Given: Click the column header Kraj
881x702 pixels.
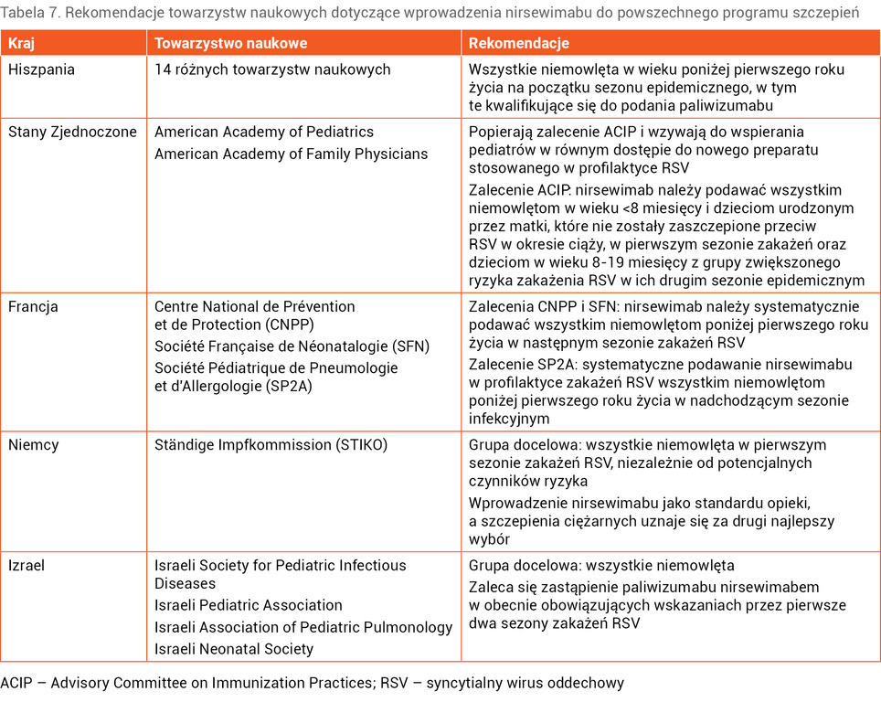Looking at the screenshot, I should tap(22, 43).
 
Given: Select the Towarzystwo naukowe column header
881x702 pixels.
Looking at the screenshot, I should tap(230, 43).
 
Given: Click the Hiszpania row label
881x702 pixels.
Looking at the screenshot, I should tap(41, 69).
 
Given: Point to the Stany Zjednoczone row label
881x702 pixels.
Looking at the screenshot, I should tap(72, 132).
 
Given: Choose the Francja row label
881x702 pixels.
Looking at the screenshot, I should tap(33, 307).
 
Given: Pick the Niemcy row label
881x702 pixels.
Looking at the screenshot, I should tap(33, 445).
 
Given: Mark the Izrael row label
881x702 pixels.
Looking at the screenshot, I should tap(27, 566).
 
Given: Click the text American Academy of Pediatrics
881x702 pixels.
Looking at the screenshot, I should tap(264, 132).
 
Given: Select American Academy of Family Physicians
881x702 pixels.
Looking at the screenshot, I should tap(291, 154).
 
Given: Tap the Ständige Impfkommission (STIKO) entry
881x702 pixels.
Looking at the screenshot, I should tap(271, 445).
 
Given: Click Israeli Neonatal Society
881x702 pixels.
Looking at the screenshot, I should tap(234, 649).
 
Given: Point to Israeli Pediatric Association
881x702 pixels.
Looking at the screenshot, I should tap(249, 605).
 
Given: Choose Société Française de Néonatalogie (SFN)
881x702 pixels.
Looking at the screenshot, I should tap(292, 346).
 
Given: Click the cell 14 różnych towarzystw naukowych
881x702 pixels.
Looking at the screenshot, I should tap(272, 69).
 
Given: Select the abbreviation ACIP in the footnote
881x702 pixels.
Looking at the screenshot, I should tap(16, 683).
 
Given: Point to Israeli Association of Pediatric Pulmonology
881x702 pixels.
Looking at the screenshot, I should tap(303, 627).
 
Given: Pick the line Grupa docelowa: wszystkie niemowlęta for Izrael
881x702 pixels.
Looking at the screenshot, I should tap(601, 566).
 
